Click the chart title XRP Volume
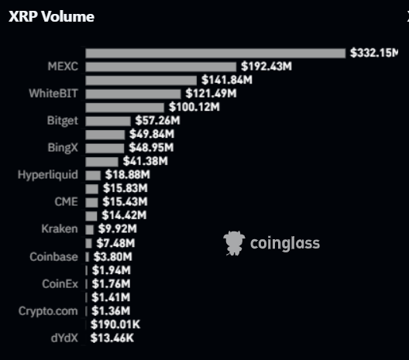(51, 17)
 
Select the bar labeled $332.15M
(215, 53)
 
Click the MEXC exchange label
(63, 67)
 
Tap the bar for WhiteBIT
(133, 94)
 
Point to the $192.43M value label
(266, 67)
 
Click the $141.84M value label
(227, 80)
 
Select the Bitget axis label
(63, 121)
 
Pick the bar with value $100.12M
(125, 108)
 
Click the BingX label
(63, 148)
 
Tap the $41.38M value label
(146, 161)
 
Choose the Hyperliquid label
(48, 175)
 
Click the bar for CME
(91, 202)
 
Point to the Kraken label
(60, 229)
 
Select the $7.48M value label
(115, 243)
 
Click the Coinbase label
(53, 257)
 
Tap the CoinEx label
(60, 284)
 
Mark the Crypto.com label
(48, 311)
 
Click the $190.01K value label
(115, 325)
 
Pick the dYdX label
(64, 338)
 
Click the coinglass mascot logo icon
(234, 243)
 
